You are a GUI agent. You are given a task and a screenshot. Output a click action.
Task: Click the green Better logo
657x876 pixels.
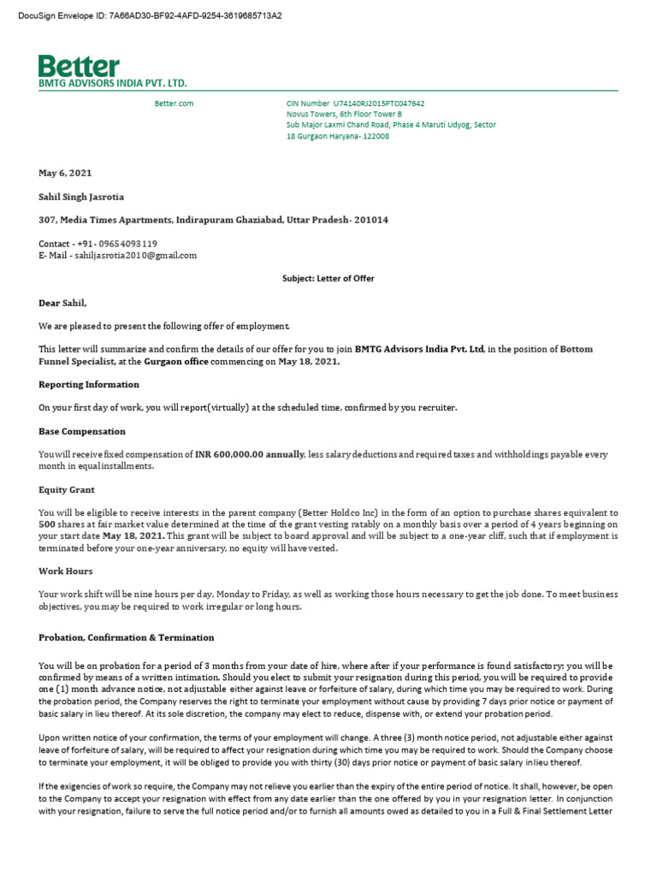click(79, 66)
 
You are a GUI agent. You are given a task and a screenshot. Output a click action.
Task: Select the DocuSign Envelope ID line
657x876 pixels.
click(150, 16)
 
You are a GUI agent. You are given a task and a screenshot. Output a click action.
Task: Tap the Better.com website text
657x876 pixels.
click(174, 103)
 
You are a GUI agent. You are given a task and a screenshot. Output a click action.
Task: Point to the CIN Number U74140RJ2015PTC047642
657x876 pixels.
click(355, 103)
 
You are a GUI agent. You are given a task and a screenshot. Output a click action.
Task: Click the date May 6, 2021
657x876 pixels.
click(64, 174)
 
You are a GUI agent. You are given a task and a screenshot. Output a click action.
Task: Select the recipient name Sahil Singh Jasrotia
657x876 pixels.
click(83, 197)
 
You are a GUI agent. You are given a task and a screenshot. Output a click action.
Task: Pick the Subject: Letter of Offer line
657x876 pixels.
click(328, 279)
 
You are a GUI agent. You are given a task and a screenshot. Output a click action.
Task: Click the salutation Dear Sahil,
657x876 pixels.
click(62, 303)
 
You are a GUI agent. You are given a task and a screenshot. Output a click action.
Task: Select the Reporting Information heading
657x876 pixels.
click(89, 384)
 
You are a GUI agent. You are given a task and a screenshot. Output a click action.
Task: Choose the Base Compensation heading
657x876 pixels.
click(82, 431)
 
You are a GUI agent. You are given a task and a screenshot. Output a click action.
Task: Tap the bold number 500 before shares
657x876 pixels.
click(48, 524)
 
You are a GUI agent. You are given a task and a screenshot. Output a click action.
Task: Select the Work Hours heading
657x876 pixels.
click(66, 571)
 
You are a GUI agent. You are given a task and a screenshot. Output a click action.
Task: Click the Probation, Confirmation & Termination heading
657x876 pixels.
click(127, 638)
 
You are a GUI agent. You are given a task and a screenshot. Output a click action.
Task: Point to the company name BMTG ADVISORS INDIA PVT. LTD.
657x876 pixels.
click(112, 84)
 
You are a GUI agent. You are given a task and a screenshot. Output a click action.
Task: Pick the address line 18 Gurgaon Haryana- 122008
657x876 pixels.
click(338, 136)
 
